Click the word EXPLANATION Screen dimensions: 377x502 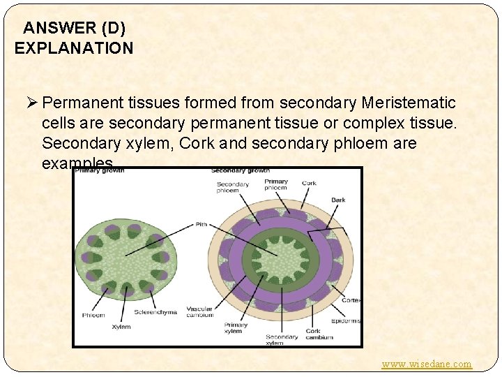[x=73, y=48]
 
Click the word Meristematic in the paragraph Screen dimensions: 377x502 [x=409, y=103]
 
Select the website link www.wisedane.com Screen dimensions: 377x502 [x=427, y=364]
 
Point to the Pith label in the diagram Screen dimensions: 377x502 [x=201, y=225]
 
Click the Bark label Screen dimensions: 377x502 [x=338, y=200]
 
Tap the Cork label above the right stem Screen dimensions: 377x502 [x=309, y=184]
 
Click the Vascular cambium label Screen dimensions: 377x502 [x=200, y=311]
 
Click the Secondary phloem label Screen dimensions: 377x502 [x=232, y=187]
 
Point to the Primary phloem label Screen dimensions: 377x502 [x=276, y=184]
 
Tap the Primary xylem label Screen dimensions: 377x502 [x=236, y=328]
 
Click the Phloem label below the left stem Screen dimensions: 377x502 [x=93, y=315]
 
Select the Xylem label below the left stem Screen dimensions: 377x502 [x=121, y=326]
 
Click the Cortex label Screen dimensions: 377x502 [x=351, y=300]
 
